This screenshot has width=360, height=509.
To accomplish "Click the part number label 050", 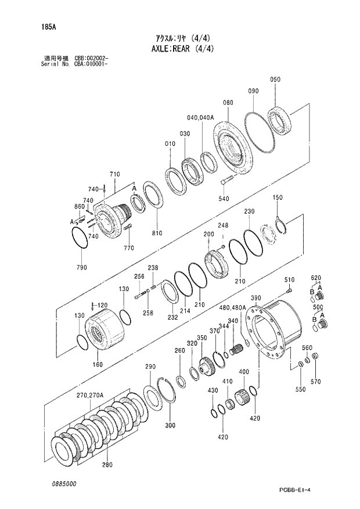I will (x=275, y=80).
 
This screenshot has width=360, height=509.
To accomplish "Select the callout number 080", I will (x=228, y=102).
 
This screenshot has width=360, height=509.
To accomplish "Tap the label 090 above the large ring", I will (x=253, y=91).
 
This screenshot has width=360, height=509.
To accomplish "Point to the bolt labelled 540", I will (x=225, y=184).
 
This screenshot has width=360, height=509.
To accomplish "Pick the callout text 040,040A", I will (x=201, y=117).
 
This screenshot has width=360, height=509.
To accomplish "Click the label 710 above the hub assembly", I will (x=114, y=174).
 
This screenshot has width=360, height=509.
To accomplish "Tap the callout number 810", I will (x=157, y=232).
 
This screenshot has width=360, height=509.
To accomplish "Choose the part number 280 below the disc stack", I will (x=107, y=465).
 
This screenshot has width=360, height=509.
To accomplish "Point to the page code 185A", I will (x=40, y=26).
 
